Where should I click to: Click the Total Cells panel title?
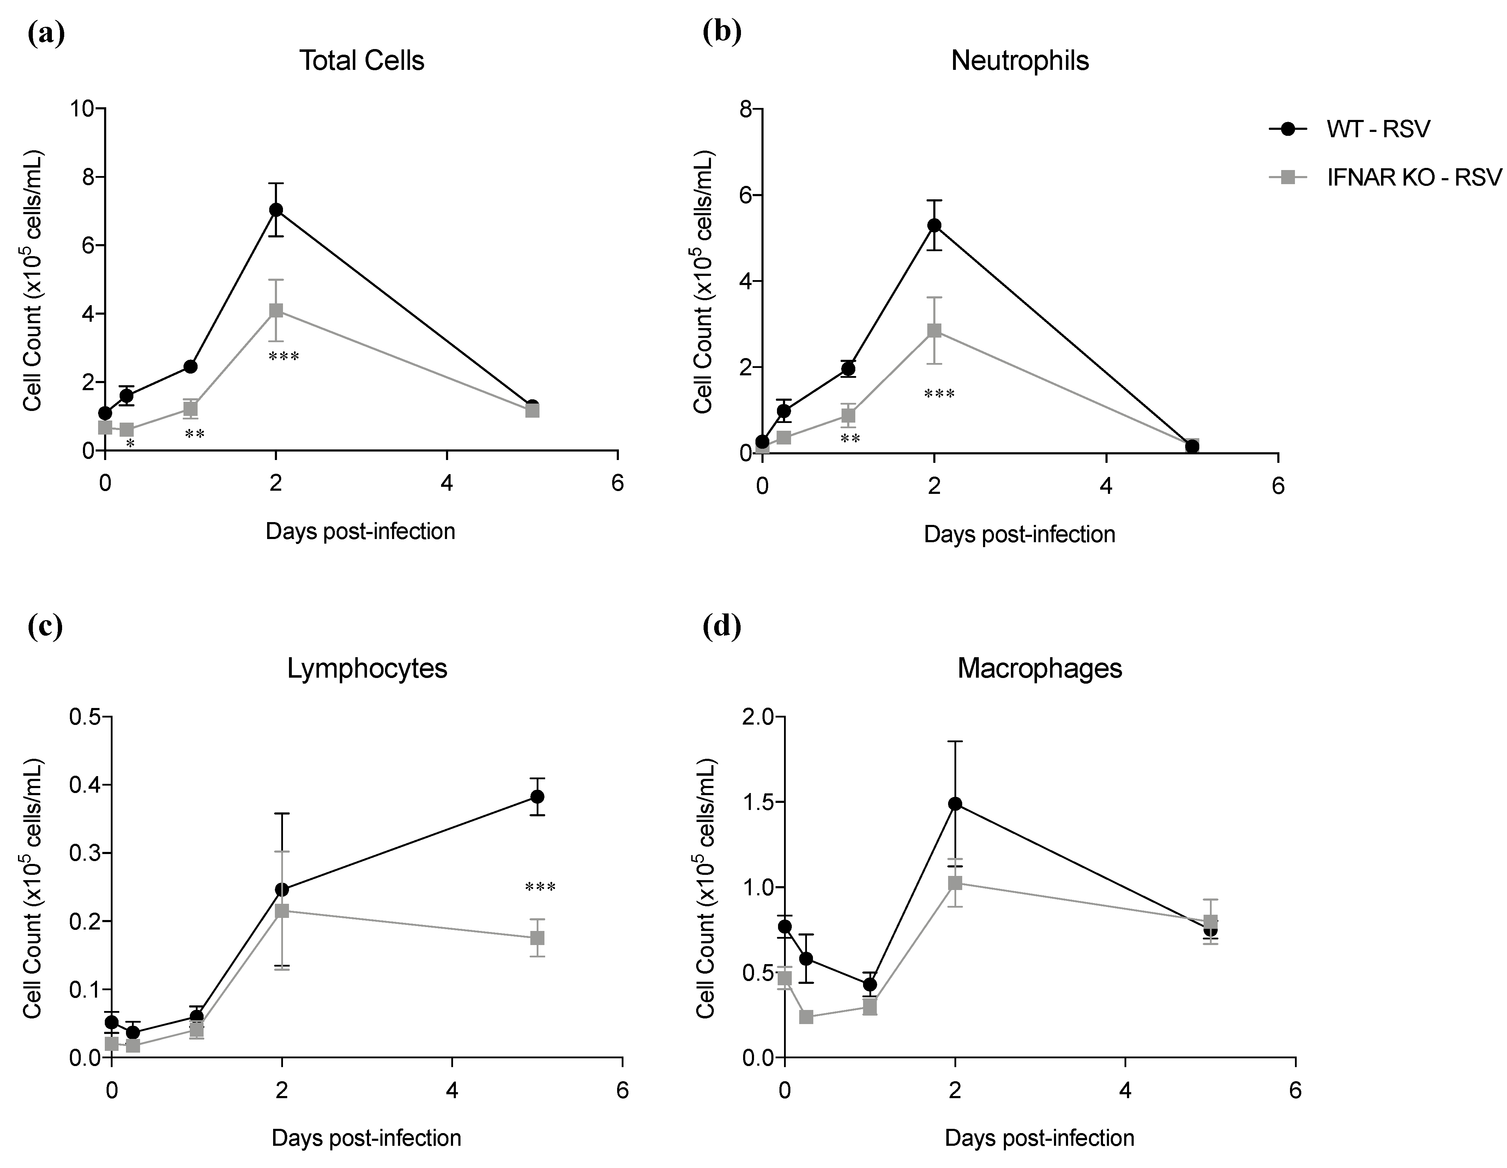point(362,61)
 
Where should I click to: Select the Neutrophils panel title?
point(1020,61)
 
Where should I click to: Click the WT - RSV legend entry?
point(1378,129)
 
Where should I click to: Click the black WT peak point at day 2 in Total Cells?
point(276,210)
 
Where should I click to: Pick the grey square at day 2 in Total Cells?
point(276,310)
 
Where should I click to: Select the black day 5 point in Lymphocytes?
point(537,797)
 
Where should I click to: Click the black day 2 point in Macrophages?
point(955,804)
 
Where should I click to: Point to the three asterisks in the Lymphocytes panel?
point(540,888)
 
